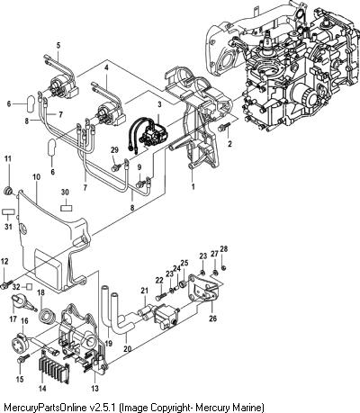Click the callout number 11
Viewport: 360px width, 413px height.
(8, 158)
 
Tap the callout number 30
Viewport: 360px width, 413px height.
(65, 192)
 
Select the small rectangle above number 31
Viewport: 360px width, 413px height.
(8, 211)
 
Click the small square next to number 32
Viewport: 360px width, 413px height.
(29, 287)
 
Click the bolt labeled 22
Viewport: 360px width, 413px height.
(160, 297)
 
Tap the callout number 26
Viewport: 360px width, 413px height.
(212, 318)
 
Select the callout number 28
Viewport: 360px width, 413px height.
(224, 248)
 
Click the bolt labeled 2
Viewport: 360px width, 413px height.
(223, 127)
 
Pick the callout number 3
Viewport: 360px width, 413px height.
(159, 104)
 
